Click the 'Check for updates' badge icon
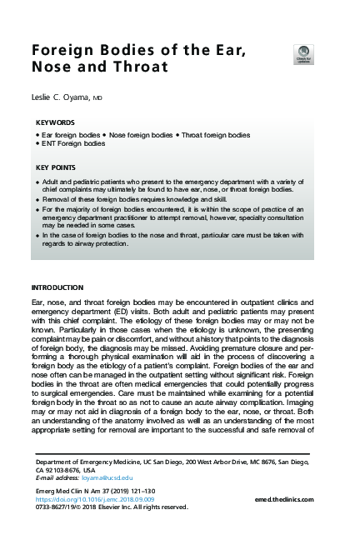[303, 53]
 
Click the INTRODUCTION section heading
[57, 287]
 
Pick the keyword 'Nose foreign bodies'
[142, 134]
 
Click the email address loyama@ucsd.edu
[102, 477]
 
